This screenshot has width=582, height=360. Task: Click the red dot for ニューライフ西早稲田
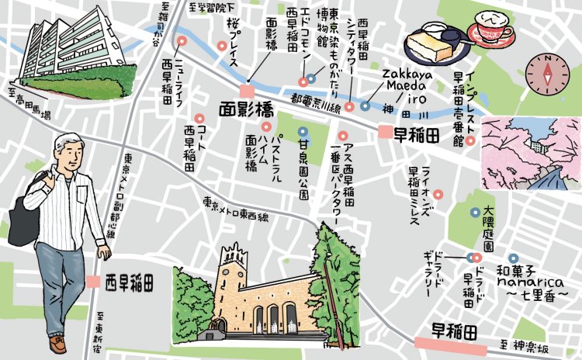coord(182,41)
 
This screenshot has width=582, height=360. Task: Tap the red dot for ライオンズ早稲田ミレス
coord(438,194)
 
